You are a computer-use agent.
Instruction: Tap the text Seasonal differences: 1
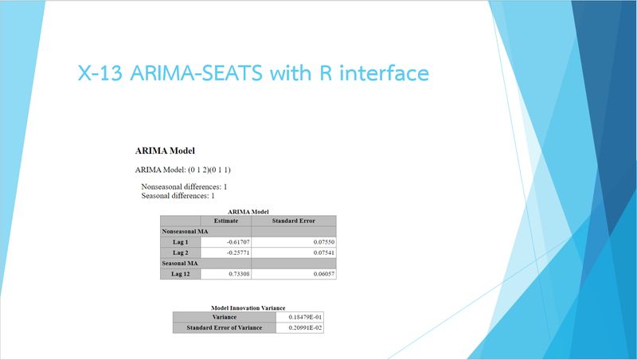(178, 195)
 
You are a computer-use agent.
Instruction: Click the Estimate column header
(226, 221)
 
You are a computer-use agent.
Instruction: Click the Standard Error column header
(294, 221)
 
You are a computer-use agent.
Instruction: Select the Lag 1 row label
(181, 241)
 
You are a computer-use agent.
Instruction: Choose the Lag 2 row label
(181, 252)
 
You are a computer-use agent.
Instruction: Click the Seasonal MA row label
(180, 262)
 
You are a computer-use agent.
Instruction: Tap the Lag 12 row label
(181, 273)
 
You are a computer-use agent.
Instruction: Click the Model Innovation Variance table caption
(248, 307)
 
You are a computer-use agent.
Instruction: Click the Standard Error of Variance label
(224, 327)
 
